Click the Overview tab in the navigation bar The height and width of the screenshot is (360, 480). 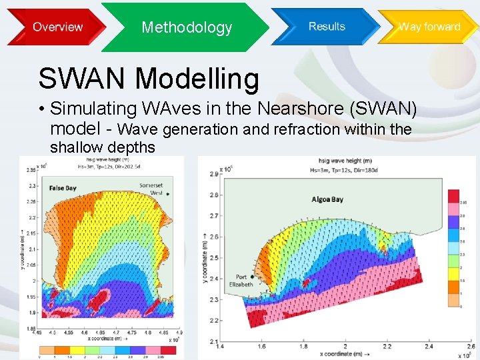[x=57, y=27]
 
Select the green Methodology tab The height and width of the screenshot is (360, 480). [x=187, y=27]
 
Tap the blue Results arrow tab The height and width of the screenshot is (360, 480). [x=327, y=27]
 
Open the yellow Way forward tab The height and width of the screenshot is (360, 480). [x=429, y=27]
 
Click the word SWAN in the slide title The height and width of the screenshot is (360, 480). [x=82, y=79]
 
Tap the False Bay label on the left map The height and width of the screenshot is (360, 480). [x=63, y=188]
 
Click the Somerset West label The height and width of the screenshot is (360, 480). [x=151, y=189]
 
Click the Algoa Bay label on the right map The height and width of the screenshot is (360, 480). [x=327, y=199]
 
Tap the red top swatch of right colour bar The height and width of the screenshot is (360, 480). [x=453, y=195]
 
